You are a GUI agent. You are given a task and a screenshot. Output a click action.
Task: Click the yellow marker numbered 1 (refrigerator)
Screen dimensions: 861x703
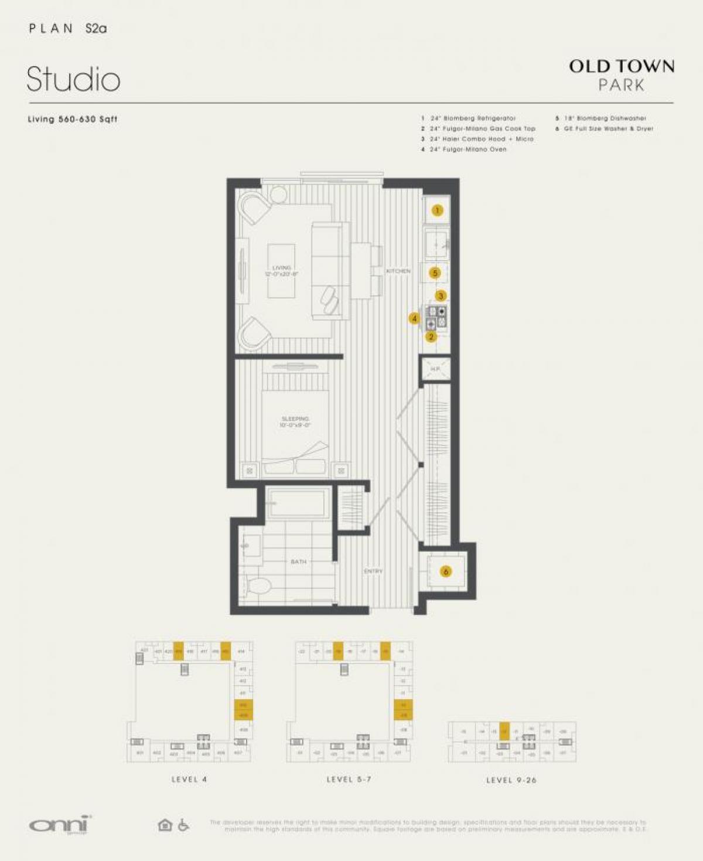pyautogui.click(x=437, y=210)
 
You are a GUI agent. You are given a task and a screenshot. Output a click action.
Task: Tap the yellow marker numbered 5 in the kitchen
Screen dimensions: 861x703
pyautogui.click(x=435, y=273)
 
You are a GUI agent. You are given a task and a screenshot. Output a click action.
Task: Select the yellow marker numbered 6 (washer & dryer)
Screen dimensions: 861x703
pyautogui.click(x=446, y=571)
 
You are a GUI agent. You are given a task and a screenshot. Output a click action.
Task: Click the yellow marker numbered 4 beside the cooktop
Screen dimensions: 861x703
pyautogui.click(x=414, y=318)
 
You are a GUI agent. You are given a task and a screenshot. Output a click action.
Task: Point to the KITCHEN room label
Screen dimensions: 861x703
pyautogui.click(x=398, y=271)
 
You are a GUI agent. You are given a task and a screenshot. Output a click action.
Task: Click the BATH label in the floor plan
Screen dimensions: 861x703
pyautogui.click(x=298, y=561)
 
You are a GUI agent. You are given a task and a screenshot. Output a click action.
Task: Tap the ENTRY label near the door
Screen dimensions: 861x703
pyautogui.click(x=373, y=571)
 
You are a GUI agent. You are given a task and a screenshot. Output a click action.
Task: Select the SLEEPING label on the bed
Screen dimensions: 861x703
pyautogui.click(x=295, y=419)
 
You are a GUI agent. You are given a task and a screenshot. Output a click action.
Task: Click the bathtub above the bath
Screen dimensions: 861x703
pyautogui.click(x=298, y=503)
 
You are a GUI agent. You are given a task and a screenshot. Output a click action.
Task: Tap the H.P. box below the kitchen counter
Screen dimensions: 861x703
pyautogui.click(x=435, y=369)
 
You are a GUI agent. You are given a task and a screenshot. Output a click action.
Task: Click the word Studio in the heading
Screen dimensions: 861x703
pyautogui.click(x=74, y=79)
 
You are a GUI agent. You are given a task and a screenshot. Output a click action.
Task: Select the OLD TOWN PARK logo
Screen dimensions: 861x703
pyautogui.click(x=622, y=75)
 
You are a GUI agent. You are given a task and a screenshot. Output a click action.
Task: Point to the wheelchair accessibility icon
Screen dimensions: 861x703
pyautogui.click(x=183, y=825)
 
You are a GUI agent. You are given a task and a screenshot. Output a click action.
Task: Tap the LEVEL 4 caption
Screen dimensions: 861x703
pyautogui.click(x=189, y=780)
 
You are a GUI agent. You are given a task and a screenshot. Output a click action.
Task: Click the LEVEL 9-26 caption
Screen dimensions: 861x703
pyautogui.click(x=511, y=780)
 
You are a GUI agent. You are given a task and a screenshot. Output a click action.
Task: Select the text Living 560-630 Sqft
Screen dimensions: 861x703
pyautogui.click(x=73, y=119)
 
